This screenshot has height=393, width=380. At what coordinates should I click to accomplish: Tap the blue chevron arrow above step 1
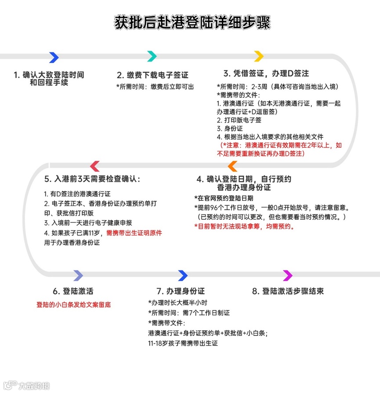coord(54,57)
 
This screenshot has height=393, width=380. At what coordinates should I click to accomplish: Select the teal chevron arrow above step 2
coord(152,56)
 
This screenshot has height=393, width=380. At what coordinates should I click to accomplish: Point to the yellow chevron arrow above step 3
coord(259,56)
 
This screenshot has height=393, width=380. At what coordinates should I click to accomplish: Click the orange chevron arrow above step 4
coord(232,166)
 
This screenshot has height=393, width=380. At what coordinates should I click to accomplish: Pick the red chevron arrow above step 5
coord(94,166)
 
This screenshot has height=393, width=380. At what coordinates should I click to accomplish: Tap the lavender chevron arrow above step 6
coord(78,276)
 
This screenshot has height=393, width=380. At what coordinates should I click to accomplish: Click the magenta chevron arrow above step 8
coord(288,276)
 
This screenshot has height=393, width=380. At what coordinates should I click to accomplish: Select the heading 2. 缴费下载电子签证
coord(152,75)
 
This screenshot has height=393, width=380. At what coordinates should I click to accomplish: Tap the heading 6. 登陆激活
coord(73,291)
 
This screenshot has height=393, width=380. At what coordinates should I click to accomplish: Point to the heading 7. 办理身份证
coord(181,291)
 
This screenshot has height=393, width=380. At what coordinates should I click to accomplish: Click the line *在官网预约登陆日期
coord(224,198)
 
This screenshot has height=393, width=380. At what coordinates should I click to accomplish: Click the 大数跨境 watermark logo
coord(27,386)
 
